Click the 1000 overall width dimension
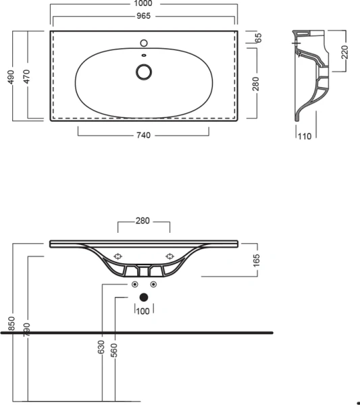[143, 4]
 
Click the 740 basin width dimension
[143, 135]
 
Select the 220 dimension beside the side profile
[344, 53]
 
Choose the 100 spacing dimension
[143, 310]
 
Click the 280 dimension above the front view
[143, 221]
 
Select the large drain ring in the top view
[144, 71]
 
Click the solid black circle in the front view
[143, 296]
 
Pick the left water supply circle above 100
[134, 284]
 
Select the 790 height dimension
[26, 331]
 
